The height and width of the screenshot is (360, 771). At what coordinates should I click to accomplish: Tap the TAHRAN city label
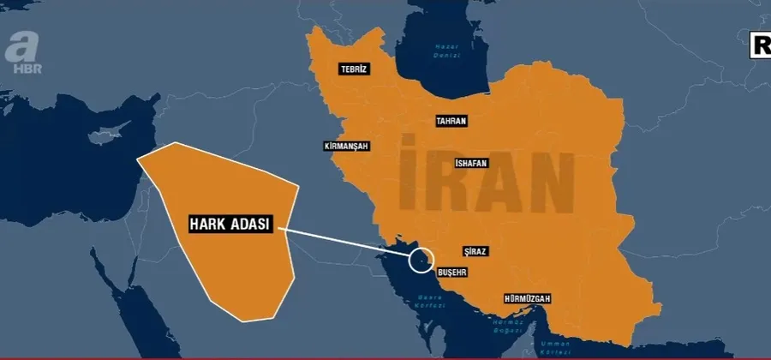tap(451, 121)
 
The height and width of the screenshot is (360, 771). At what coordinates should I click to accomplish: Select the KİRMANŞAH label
tap(347, 147)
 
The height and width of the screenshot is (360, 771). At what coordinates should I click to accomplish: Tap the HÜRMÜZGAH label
tap(526, 298)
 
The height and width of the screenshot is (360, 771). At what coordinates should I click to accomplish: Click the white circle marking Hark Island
tap(421, 258)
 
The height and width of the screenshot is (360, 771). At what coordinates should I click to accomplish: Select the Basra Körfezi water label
tap(427, 307)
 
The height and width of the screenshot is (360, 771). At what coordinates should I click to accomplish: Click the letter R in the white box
tap(762, 46)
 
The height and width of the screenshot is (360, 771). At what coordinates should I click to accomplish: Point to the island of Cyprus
tap(106, 136)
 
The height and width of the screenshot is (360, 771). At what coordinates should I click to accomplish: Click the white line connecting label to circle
tap(343, 243)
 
